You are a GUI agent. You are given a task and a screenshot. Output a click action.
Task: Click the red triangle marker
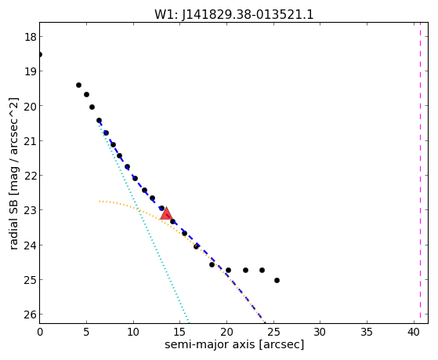click(166, 213)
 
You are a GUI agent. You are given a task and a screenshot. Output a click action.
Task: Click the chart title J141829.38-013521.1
click(248, 14)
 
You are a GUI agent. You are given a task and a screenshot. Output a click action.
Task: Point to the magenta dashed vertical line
click(420, 173)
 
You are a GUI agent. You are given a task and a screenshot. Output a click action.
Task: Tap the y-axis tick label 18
click(30, 37)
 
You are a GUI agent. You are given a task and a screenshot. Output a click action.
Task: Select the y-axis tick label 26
click(30, 315)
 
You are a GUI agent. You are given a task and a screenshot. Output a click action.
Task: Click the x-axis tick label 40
click(414, 332)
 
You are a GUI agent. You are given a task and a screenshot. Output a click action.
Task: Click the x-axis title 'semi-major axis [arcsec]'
click(234, 344)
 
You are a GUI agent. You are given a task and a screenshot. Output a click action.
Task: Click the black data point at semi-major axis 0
click(40, 54)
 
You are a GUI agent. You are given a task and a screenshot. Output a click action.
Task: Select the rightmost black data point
click(277, 280)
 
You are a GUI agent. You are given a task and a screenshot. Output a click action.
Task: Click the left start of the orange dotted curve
click(100, 201)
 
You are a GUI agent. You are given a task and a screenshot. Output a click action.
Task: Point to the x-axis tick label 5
click(86, 332)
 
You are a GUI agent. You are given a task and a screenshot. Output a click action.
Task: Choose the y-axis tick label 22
click(30, 176)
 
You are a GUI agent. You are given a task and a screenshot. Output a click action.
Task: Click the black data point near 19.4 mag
click(79, 85)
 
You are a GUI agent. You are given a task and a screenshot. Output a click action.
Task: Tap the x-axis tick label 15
click(180, 332)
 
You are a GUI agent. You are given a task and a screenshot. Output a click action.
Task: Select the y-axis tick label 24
click(30, 245)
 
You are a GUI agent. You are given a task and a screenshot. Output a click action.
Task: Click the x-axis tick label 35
click(367, 332)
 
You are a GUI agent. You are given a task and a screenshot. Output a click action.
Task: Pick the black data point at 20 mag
click(92, 107)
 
